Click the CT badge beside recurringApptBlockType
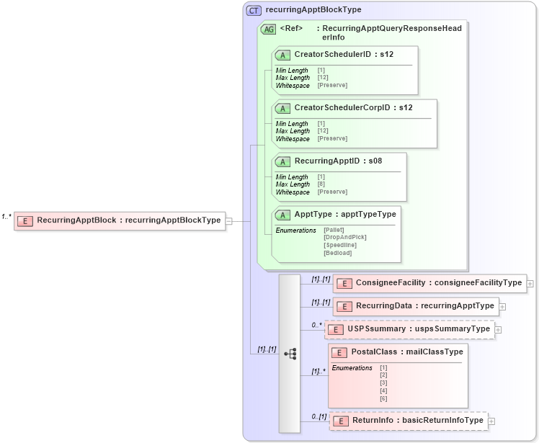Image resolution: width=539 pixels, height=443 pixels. (254, 10)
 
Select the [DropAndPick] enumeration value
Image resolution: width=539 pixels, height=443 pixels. (345, 237)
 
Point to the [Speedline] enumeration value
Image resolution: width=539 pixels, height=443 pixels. (340, 245)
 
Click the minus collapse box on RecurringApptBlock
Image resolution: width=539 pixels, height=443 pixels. (228, 220)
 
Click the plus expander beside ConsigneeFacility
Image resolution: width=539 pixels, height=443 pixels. (530, 283)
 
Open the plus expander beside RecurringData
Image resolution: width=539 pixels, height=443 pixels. (502, 306)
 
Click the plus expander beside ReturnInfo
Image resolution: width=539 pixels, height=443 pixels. (491, 421)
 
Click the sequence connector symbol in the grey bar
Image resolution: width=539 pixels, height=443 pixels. (290, 354)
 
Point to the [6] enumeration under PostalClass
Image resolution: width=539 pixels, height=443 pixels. (383, 398)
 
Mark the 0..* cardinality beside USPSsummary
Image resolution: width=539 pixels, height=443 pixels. (316, 325)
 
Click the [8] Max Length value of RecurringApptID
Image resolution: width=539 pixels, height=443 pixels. (321, 184)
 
